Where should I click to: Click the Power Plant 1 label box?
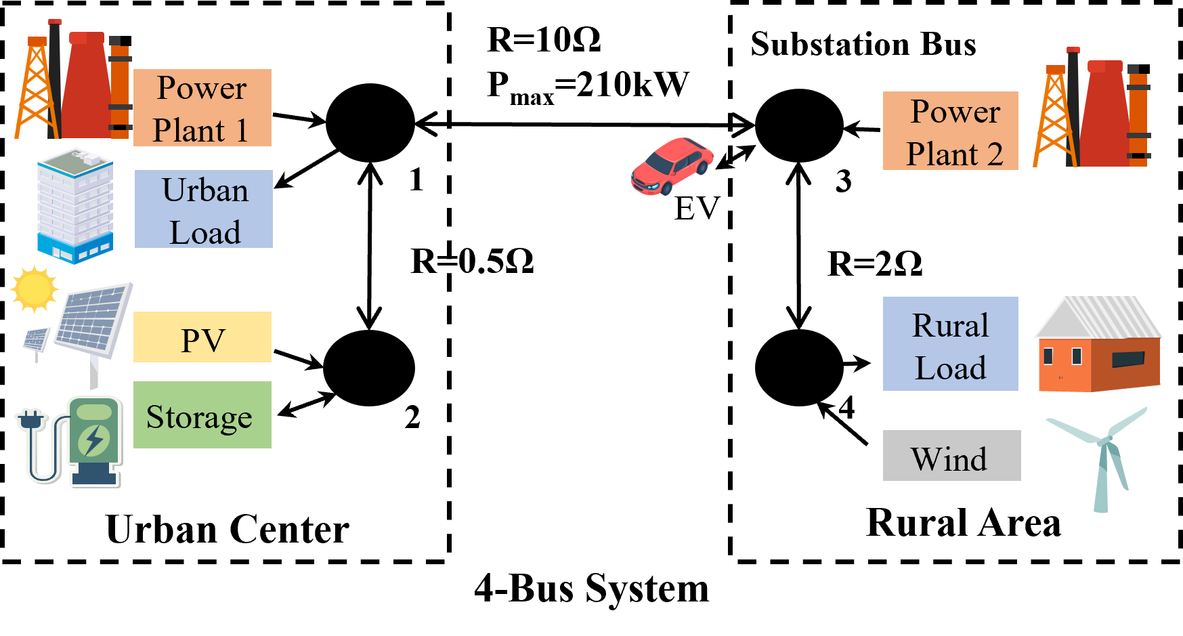coord(202,108)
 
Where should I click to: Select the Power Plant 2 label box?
coord(950,131)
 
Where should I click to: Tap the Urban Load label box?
coord(203,209)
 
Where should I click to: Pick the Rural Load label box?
coord(950,343)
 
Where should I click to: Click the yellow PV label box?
coord(202,337)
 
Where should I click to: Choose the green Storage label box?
coord(202,415)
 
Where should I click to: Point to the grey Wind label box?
coord(951,455)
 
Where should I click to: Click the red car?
coord(672,165)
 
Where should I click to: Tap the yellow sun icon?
coord(34,289)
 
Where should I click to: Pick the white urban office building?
coord(74,205)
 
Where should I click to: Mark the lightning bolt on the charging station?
coord(93,441)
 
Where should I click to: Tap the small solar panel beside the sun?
coord(37,338)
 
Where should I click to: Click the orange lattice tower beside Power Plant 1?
coord(36,91)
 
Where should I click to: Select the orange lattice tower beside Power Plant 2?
coord(1054,119)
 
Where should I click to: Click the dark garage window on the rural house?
coord(1128,359)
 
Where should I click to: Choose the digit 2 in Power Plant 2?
coord(995,154)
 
